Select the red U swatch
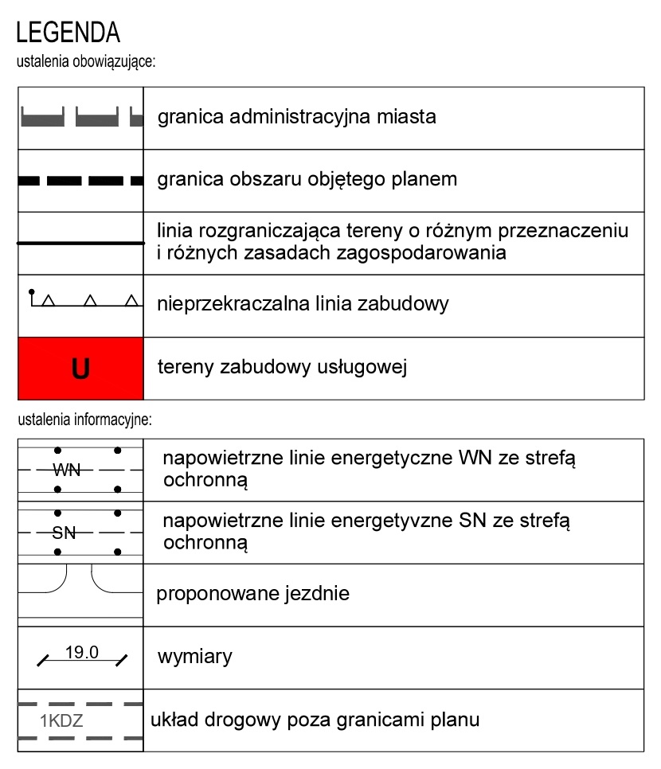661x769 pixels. pos(80,369)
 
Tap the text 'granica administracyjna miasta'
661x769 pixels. pos(297,118)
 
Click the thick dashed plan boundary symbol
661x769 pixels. pos(80,181)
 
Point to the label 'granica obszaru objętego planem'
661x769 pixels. pos(307,179)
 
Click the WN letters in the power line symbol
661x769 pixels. pos(67,470)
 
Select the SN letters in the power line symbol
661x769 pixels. pos(64,533)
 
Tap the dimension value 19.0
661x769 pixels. pos(81,653)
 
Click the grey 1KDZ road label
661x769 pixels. pos(62,723)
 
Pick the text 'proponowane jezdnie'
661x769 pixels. pos(252,594)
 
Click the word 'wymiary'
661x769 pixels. pos(195,657)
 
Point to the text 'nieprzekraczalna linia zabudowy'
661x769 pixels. pos(303,304)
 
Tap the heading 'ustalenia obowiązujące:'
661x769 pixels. pos(85,61)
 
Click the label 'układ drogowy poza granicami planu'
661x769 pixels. pos(315,720)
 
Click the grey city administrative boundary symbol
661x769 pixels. pos(80,118)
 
